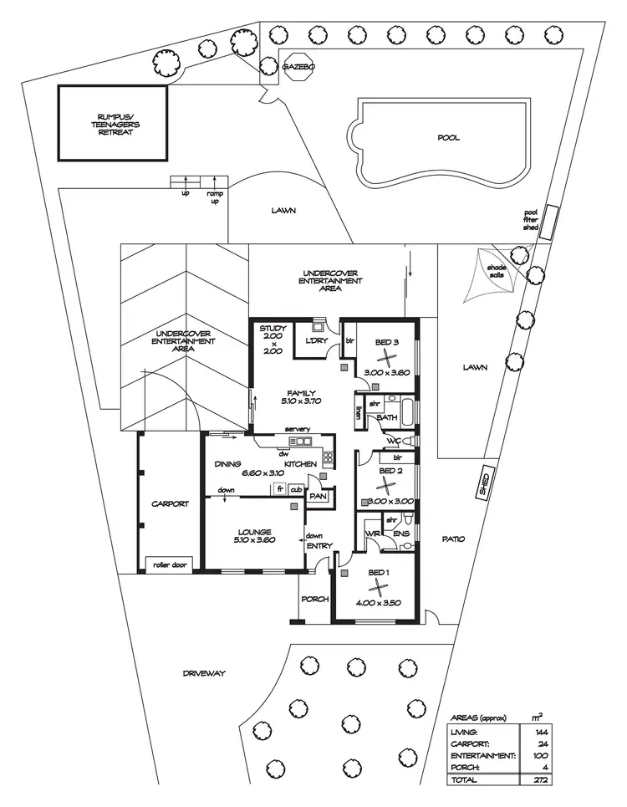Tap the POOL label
[x=449, y=139]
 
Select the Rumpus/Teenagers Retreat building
[x=112, y=123]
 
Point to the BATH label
[x=386, y=417]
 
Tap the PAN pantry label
[x=318, y=496]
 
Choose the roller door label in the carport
[x=170, y=564]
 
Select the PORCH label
[x=314, y=600]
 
